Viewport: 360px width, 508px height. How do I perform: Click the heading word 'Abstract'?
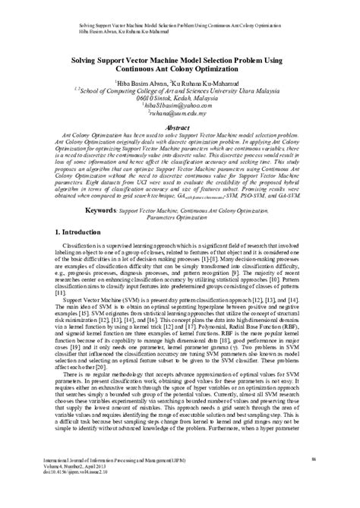pos(180,129)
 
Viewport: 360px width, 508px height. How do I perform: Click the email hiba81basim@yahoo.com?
pos(179,108)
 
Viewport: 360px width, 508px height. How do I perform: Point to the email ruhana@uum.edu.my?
pos(180,115)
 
